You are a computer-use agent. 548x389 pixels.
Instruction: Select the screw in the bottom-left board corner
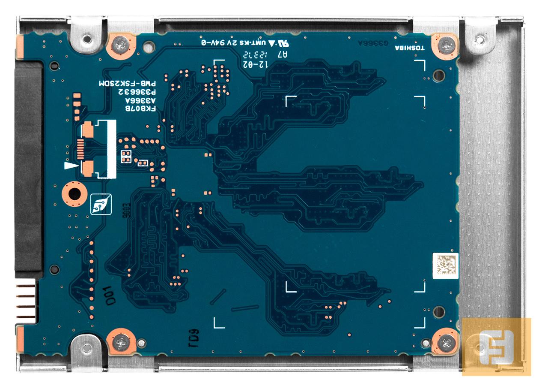(122, 342)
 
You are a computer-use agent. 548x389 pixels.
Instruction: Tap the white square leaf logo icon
(101, 204)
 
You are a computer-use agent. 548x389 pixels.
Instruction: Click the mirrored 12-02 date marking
(255, 64)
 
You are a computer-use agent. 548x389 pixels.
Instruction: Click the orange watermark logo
(496, 347)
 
